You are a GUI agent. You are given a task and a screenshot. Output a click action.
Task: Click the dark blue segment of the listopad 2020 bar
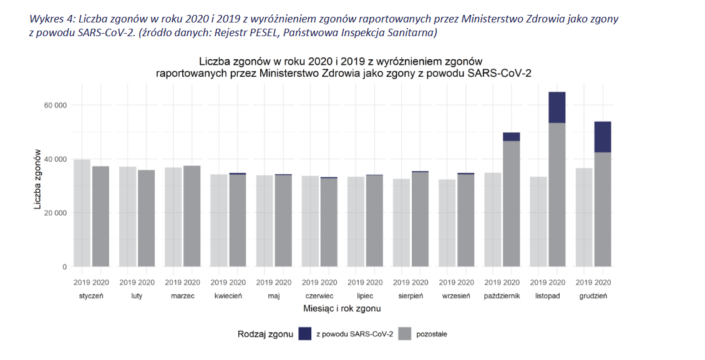[557, 107]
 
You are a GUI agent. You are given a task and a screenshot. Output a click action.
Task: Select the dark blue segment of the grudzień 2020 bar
[602, 137]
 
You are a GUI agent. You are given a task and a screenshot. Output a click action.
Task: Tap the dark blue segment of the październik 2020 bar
[511, 137]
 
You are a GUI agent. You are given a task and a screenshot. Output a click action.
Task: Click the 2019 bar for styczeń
[82, 213]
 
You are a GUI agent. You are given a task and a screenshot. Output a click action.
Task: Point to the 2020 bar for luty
[146, 218]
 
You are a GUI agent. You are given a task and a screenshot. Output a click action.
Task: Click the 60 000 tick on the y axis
[55, 105]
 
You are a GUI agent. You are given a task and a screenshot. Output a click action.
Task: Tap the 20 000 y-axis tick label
[55, 213]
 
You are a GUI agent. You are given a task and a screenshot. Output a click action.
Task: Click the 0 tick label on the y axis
[64, 267]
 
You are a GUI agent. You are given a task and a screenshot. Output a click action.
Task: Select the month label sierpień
[411, 296]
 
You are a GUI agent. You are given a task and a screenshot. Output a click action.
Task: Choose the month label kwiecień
[228, 296]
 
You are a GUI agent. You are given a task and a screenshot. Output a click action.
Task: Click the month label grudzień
[593, 296]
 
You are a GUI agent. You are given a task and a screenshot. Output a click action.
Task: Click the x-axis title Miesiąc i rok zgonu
[342, 308]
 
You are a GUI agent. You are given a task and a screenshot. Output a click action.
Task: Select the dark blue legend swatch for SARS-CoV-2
[305, 334]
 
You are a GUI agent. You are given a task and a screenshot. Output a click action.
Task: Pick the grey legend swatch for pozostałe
[405, 334]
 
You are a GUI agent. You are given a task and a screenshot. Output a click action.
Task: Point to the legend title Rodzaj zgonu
[265, 334]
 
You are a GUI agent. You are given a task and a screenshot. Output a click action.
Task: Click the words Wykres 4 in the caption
[51, 19]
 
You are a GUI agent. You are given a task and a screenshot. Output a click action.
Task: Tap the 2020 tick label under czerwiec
[329, 282]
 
